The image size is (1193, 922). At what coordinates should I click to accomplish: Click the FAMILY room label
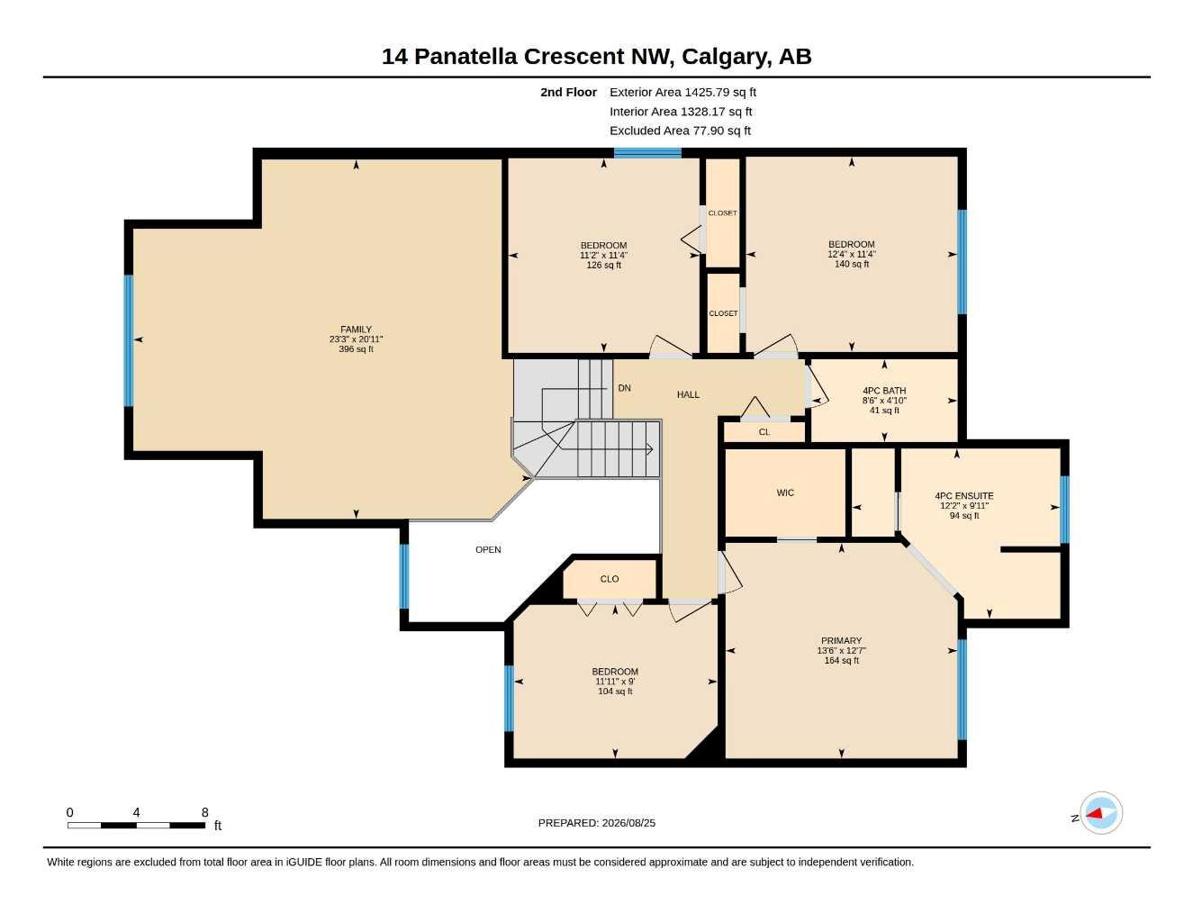[356, 330]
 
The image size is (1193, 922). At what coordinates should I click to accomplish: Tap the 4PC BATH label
[884, 391]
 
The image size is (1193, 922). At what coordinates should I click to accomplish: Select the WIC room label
[785, 493]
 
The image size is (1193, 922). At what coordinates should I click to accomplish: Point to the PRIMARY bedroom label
[841, 640]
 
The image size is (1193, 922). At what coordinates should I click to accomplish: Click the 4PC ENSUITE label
[964, 495]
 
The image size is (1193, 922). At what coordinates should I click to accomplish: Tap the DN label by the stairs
[624, 388]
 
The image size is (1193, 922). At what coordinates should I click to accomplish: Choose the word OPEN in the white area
[488, 549]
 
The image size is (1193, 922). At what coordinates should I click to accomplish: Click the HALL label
[688, 394]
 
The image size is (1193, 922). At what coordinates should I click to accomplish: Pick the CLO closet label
[610, 579]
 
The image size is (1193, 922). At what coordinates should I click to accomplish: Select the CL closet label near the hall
[764, 432]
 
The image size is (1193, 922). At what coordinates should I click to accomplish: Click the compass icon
[1101, 813]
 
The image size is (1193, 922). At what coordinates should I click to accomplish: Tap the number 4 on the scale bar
[136, 812]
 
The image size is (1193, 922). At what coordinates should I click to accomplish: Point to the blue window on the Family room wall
[129, 340]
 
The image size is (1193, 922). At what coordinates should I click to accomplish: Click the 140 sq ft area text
[852, 264]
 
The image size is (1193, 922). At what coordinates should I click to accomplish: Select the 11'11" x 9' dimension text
[615, 681]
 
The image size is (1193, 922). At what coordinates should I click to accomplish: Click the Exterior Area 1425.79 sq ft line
[682, 92]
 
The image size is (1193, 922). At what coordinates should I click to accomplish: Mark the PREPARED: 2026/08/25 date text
[596, 823]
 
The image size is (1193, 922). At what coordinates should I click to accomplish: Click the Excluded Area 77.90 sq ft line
[680, 131]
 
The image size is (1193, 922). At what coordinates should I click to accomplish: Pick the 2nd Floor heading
[568, 92]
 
